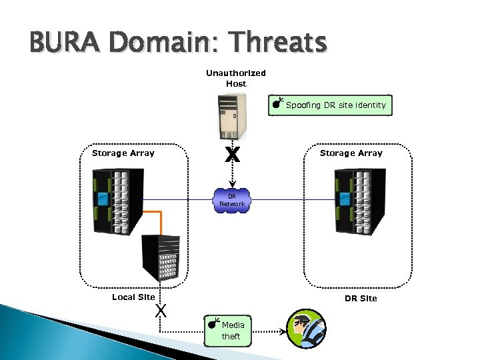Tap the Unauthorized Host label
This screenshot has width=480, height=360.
(235, 79)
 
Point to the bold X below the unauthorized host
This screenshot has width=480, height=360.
(232, 155)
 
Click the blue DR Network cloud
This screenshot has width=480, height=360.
(232, 200)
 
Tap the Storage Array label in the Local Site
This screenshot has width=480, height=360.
(123, 153)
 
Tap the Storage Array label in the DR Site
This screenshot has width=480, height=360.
(351, 153)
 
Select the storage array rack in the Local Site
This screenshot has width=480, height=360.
(119, 200)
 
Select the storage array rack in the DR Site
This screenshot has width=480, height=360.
(360, 200)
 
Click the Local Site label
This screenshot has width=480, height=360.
(133, 297)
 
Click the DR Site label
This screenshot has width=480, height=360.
(361, 298)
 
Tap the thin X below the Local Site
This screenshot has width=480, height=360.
(160, 310)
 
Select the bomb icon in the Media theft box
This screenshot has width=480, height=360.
(213, 324)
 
